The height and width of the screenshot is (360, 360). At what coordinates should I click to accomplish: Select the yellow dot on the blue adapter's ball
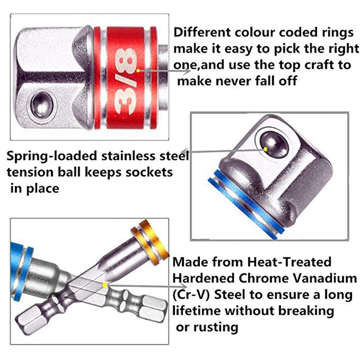(x=266, y=148)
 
